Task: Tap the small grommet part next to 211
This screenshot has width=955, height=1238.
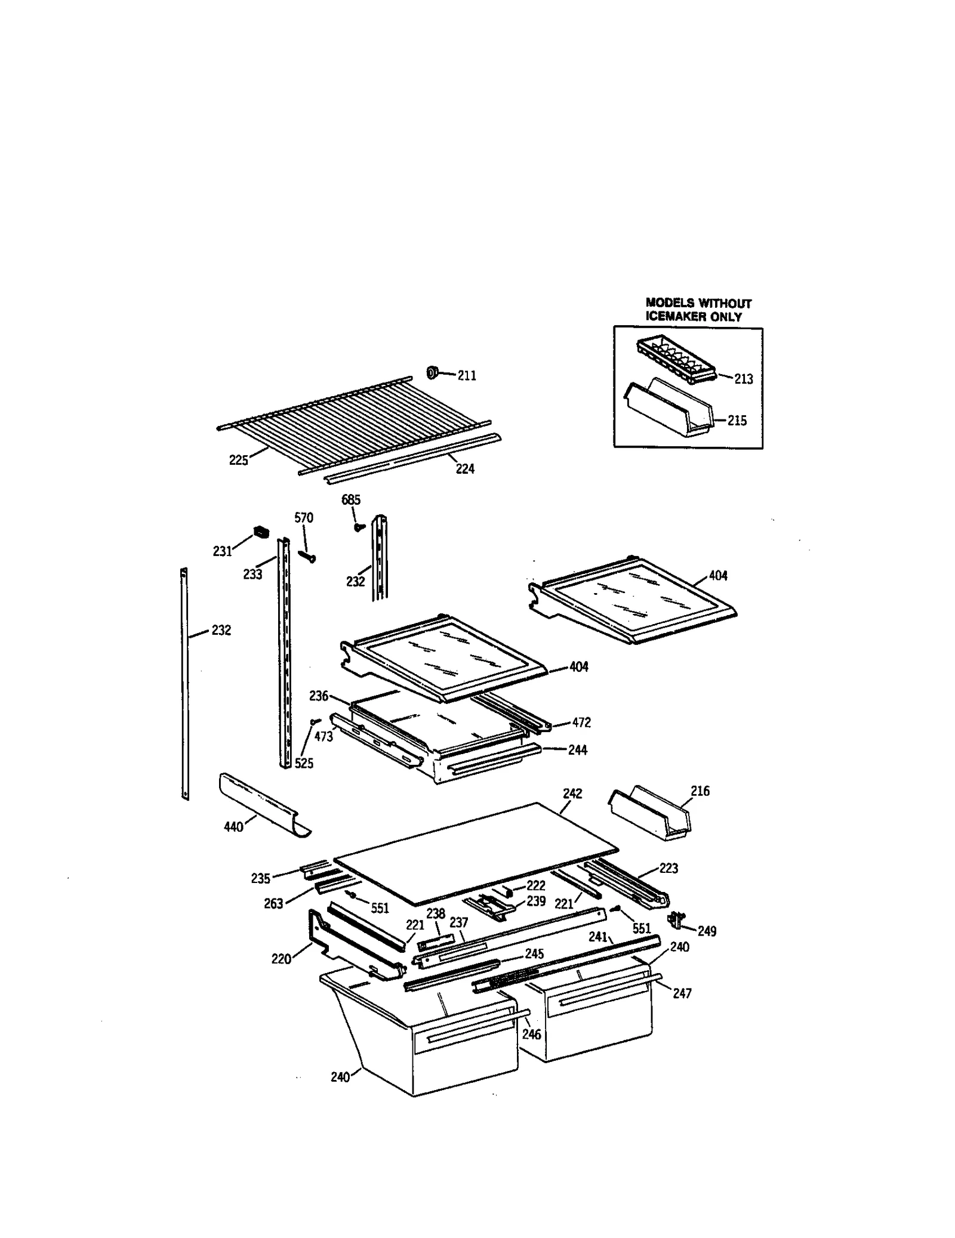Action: (x=432, y=373)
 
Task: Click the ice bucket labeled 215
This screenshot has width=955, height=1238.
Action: (x=668, y=410)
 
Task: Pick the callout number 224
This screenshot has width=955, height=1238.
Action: (x=464, y=468)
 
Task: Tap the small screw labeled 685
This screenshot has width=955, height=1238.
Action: (x=358, y=527)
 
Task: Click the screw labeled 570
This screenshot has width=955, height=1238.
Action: (x=307, y=555)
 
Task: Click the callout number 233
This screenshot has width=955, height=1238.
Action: (x=252, y=574)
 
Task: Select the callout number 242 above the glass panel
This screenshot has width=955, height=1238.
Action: (x=572, y=793)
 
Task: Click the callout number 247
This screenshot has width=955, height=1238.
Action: (x=682, y=993)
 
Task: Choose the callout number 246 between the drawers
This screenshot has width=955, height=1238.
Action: (x=531, y=1033)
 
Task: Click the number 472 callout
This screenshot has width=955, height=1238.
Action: (x=581, y=722)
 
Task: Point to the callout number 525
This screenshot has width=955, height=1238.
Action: (x=304, y=763)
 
